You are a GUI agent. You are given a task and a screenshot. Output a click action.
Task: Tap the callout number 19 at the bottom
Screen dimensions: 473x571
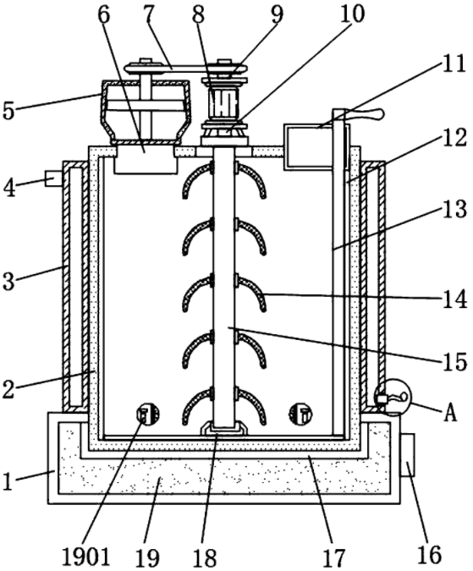coord(148,557)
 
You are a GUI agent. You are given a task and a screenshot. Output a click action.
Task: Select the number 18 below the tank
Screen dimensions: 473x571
coord(205,557)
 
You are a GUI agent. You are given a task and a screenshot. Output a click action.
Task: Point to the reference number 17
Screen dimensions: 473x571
coord(333,557)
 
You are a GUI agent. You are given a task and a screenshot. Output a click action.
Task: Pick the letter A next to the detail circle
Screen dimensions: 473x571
coord(451,413)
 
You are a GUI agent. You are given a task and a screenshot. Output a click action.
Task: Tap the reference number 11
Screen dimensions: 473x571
coord(454,64)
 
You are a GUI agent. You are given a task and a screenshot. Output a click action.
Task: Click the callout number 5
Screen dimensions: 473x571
coord(9,111)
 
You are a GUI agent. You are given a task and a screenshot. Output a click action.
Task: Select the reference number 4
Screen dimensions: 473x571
coord(10,189)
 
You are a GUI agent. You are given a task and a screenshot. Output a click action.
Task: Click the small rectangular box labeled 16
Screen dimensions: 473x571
coord(408,455)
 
